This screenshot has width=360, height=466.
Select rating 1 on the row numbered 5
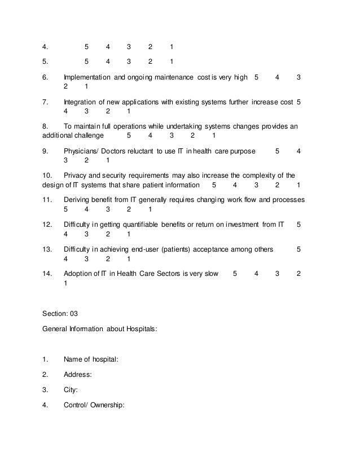tap(172, 61)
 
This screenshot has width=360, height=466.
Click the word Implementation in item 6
tap(87, 77)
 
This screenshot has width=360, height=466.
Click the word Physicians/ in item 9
tap(82, 151)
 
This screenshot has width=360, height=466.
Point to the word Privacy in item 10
tap(76, 175)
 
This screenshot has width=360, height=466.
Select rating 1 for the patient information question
tap(298, 185)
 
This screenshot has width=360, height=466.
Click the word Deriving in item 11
tap(78, 200)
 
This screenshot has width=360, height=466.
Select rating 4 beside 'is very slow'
tap(256, 274)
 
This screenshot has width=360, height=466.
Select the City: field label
tap(71, 389)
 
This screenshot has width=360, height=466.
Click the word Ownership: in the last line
tap(111, 403)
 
